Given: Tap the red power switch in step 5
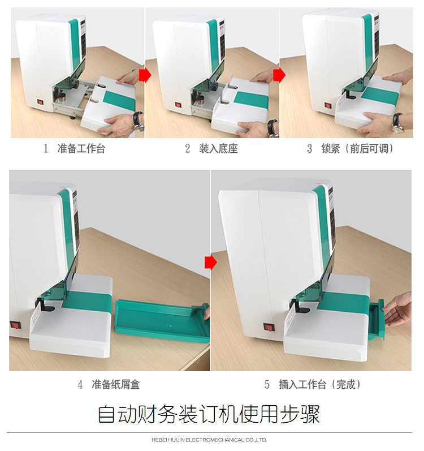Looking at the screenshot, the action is (269, 327).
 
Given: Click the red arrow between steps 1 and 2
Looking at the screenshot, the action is (145, 75).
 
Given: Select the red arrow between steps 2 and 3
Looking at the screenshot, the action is (279, 75).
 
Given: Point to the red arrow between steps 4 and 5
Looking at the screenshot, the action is (210, 263).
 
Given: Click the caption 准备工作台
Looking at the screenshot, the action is (81, 149).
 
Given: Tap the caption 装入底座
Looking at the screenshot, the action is (219, 149).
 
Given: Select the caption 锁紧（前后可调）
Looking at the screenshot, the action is (357, 149).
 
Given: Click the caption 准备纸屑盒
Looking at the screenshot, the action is (116, 384).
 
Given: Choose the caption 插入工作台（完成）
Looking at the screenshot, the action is (320, 384).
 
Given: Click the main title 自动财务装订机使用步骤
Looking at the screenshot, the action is (209, 414).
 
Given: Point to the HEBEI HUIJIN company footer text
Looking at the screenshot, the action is (209, 440).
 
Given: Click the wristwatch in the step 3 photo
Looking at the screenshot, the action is (398, 123).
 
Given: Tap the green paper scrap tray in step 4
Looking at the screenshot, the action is (163, 320).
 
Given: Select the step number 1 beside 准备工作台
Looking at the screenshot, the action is (46, 149).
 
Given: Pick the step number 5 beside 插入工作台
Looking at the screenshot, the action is (267, 385).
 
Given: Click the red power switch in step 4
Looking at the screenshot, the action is (15, 325).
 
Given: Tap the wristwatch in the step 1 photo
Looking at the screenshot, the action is (139, 122).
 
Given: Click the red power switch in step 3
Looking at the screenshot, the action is (328, 106).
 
